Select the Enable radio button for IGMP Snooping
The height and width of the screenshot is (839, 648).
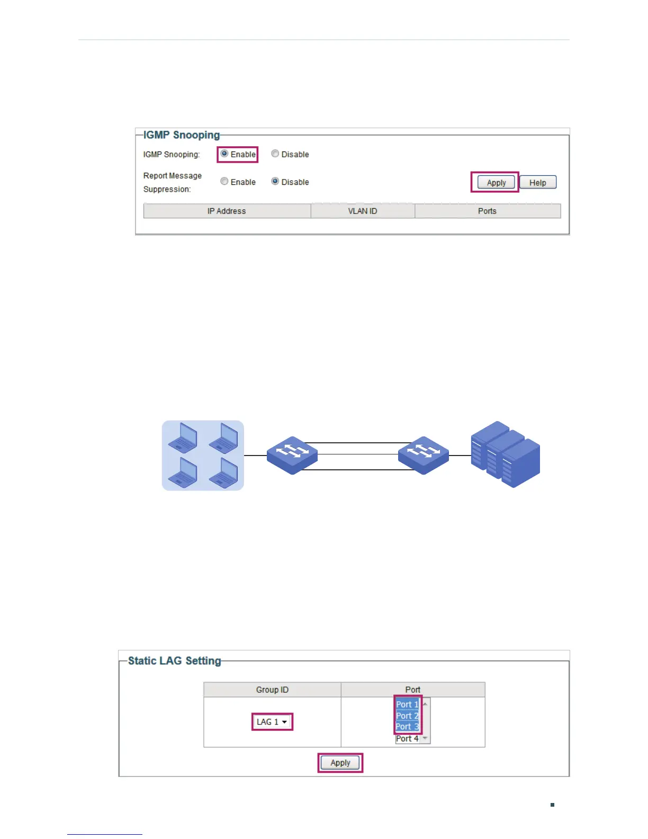[x=224, y=154]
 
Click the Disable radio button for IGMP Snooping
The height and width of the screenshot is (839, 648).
[x=275, y=154]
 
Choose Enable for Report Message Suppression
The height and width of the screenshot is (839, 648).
[x=224, y=182]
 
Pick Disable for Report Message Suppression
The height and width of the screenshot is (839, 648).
[x=275, y=182]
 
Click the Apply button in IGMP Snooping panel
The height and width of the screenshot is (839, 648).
[x=496, y=183]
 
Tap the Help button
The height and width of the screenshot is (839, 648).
[x=537, y=183]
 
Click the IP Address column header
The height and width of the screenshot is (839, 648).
[x=227, y=211]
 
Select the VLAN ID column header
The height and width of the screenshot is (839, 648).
[x=363, y=211]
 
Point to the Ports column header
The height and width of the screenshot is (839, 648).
[x=487, y=211]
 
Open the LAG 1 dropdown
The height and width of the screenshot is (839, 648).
[x=272, y=722]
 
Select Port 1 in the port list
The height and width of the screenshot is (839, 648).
[x=407, y=704]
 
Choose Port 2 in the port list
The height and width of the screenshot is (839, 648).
[x=407, y=716]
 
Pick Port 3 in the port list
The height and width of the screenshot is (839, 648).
[x=407, y=727]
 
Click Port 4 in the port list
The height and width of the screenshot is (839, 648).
[x=407, y=738]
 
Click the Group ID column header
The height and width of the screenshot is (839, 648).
[x=272, y=690]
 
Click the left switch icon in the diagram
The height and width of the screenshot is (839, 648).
[x=292, y=455]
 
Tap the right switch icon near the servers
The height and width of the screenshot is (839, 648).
[x=424, y=455]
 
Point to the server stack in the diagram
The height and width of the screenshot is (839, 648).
[x=506, y=454]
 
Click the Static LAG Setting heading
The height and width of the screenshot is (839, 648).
[x=175, y=661]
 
